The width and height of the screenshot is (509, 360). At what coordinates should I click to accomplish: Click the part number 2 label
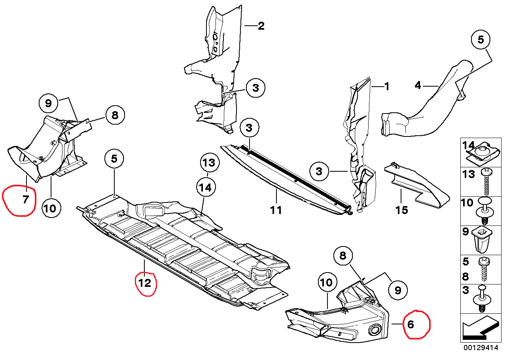(x=261, y=26)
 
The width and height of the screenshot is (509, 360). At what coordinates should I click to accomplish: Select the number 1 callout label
(x=387, y=86)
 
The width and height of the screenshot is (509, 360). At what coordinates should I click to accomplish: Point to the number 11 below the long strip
(x=276, y=209)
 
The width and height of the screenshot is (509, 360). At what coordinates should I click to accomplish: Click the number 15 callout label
(x=401, y=209)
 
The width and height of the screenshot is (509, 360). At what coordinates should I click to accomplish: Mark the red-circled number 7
(x=25, y=199)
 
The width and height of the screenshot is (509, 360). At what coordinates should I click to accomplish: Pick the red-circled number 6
(x=411, y=325)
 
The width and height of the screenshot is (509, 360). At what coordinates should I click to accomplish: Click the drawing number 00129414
(x=481, y=348)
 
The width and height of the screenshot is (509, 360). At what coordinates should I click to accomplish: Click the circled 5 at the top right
(x=481, y=40)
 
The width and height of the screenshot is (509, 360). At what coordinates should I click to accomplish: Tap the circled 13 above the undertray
(x=209, y=163)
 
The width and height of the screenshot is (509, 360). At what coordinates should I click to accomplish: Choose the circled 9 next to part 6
(x=397, y=290)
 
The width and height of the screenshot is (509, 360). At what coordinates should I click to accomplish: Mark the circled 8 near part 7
(x=115, y=116)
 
